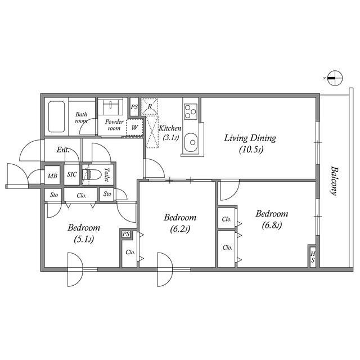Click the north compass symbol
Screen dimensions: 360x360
(x=335, y=78)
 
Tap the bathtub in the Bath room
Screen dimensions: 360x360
(x=56, y=116)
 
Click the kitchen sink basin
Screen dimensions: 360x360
(x=191, y=142)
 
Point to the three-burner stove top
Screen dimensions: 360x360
(x=191, y=111)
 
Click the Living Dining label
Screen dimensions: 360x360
(x=250, y=138)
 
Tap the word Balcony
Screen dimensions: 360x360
(x=334, y=181)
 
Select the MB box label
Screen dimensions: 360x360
(x=52, y=176)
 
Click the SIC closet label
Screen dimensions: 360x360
(x=71, y=174)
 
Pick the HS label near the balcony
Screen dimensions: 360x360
(x=313, y=257)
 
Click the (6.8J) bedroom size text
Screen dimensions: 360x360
(x=272, y=225)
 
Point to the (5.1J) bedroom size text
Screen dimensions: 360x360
(x=84, y=240)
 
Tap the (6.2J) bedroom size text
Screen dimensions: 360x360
(x=180, y=229)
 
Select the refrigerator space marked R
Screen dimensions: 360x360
(x=150, y=106)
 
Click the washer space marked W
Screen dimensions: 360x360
(x=134, y=128)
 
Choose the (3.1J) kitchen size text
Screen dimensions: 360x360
(x=170, y=137)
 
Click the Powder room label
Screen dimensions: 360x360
(x=114, y=125)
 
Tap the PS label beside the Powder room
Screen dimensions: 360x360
(x=134, y=107)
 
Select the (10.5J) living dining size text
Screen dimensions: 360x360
(x=251, y=150)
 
